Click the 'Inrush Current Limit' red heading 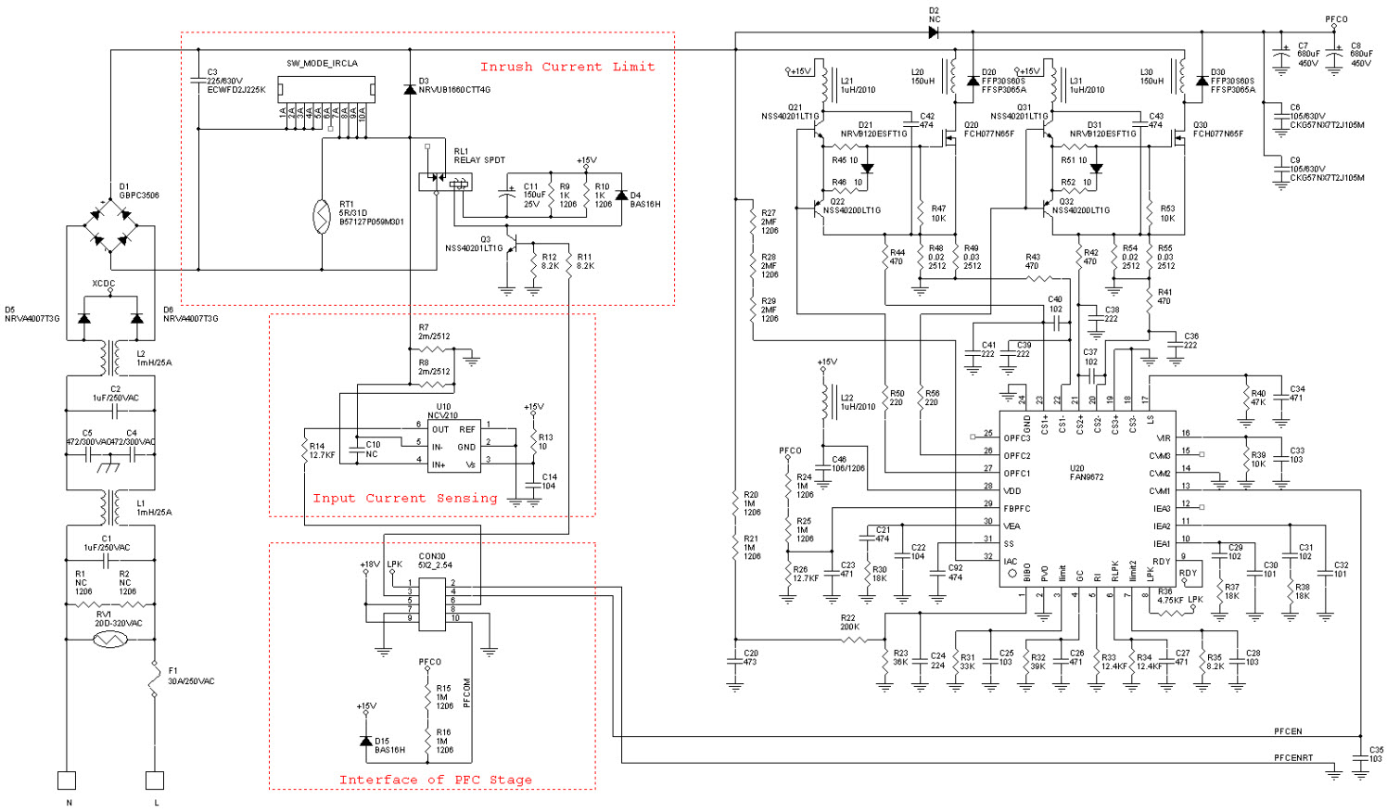coord(566,67)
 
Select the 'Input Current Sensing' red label coord(404,499)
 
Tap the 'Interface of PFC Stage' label coord(435,780)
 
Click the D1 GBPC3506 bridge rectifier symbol coord(110,226)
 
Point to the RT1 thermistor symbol coord(322,216)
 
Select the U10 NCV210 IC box coord(453,446)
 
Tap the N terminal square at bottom coord(67,780)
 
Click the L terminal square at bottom coord(155,780)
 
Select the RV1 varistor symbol coord(109,640)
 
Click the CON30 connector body coord(432,603)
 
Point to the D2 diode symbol coord(933,32)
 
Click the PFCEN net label coord(1287,731)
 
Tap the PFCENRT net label coord(1292,757)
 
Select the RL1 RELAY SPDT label coord(478,156)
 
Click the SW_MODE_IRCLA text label coord(322,64)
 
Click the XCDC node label coord(104,284)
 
